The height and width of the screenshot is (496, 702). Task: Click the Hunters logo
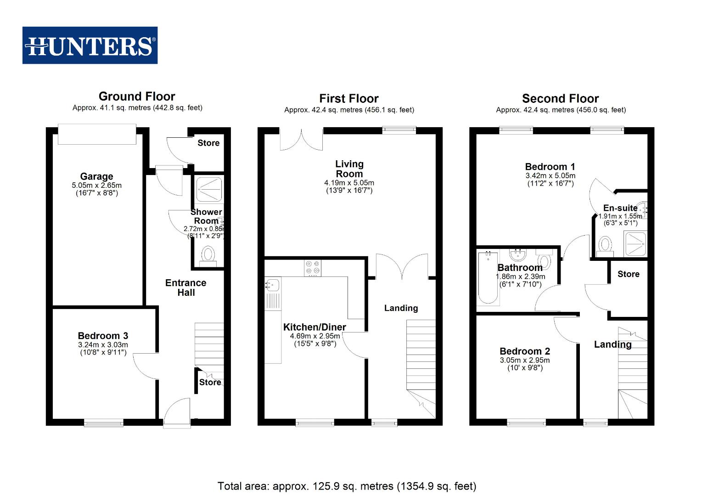click(90, 45)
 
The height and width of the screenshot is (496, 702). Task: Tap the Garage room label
click(96, 176)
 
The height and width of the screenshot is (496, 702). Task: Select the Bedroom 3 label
click(103, 336)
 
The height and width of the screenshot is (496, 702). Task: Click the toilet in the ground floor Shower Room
click(208, 255)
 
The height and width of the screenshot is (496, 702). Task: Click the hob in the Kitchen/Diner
click(313, 268)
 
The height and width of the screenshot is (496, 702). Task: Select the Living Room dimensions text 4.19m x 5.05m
click(349, 183)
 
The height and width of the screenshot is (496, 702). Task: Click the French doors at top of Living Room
click(301, 139)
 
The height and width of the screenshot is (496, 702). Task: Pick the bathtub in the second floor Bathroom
click(488, 278)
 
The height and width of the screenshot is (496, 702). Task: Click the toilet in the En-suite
click(606, 245)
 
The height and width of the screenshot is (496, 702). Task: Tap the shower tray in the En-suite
click(635, 244)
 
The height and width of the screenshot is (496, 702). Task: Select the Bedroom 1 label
click(550, 167)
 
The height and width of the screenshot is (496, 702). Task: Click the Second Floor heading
click(560, 99)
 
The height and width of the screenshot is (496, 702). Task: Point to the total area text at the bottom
click(347, 486)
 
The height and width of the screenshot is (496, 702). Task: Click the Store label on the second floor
click(628, 274)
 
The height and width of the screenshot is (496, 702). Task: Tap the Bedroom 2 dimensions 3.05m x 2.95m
click(524, 360)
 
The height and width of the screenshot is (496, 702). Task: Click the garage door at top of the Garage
click(97, 134)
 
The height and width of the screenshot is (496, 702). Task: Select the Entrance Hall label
click(185, 287)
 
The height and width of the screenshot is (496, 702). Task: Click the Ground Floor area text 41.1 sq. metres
click(137, 108)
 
